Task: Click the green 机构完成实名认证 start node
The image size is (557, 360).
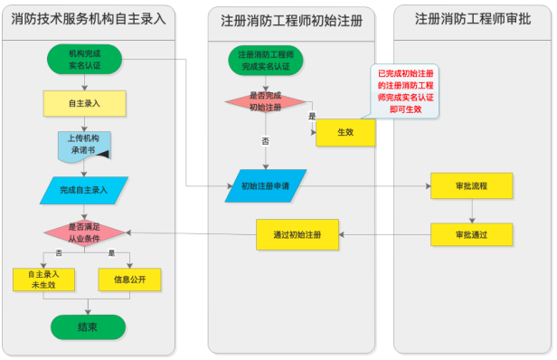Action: coord(87,60)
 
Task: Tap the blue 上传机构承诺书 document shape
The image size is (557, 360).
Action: coord(86,145)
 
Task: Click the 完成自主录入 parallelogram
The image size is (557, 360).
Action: coord(84,190)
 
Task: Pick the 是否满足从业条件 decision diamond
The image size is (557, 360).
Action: coord(85,232)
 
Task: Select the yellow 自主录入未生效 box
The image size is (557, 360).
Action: coord(43,279)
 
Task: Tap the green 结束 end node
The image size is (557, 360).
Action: coord(88,327)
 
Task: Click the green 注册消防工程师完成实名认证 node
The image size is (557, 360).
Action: coord(265,61)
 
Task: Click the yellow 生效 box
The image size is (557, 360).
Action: coord(345,133)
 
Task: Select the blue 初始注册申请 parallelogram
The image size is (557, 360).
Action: coord(265,185)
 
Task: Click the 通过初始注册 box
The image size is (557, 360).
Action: coord(297,234)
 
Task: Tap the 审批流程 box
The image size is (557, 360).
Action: coord(471,185)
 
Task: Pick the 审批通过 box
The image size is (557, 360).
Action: coord(471,234)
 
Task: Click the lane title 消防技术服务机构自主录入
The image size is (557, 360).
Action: coord(89,17)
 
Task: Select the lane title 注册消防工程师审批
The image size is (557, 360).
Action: coord(471,17)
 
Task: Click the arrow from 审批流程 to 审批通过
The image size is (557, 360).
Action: coord(471,211)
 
